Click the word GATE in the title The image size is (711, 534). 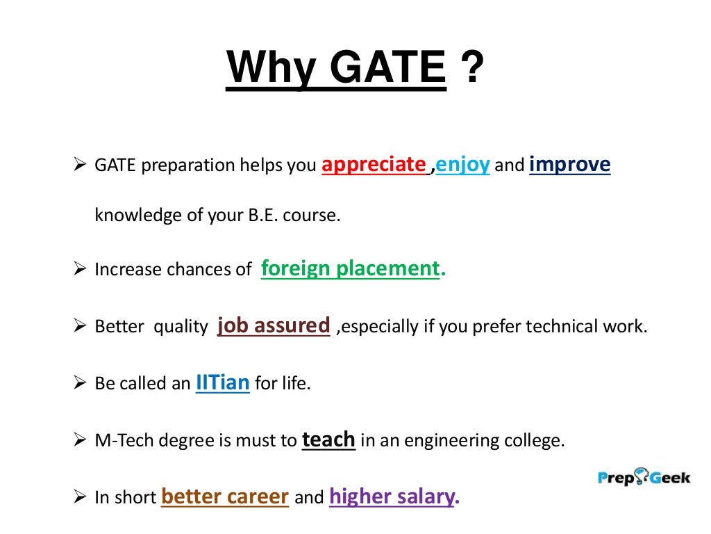coord(387,68)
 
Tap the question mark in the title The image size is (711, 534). coord(471,68)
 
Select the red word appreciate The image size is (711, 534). coord(374,165)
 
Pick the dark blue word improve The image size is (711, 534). coord(569,165)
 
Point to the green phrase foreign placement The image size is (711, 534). coord(351,269)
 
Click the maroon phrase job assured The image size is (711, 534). coord(273,325)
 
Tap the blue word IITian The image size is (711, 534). coord(222,382)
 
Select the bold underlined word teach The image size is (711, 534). coord(328,440)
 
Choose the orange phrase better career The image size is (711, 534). coord(224,496)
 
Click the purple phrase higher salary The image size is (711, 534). coord(394,496)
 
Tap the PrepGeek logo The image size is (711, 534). coord(644,478)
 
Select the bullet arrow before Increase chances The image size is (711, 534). coord(79,270)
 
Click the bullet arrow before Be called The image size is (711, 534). coord(79,383)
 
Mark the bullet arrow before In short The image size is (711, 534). coord(79,498)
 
